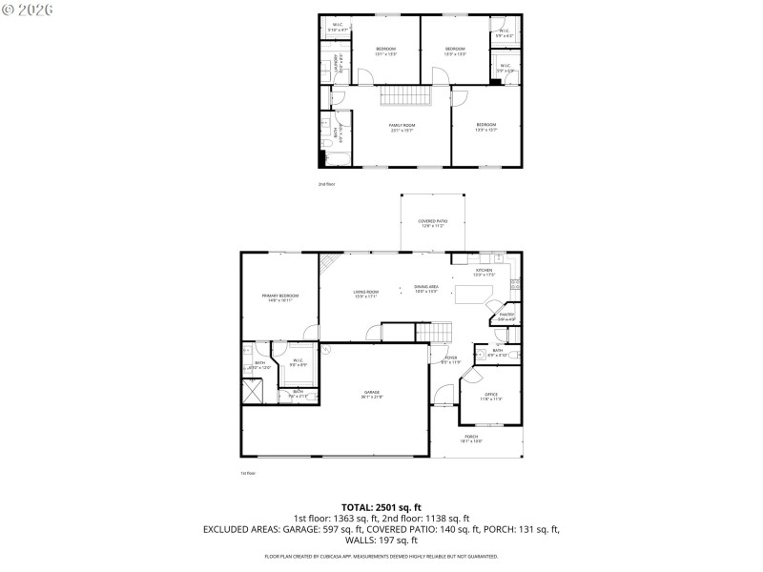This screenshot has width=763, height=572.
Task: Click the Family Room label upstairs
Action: [402, 127]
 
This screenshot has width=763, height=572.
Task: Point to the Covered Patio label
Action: [433, 223]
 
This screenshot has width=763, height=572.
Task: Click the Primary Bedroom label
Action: [280, 297]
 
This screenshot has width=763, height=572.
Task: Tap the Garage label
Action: [372, 395]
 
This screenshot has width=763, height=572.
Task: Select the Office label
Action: [491, 396]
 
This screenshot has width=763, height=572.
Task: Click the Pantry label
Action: [505, 316]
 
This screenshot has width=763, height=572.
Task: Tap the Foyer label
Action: [450, 360]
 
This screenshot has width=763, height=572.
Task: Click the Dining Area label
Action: [425, 289]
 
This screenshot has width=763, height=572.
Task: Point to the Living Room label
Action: [365, 295]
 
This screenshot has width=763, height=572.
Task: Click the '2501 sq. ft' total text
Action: [400, 507]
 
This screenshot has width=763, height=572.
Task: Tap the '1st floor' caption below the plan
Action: [248, 473]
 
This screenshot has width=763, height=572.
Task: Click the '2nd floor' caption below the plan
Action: [326, 183]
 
